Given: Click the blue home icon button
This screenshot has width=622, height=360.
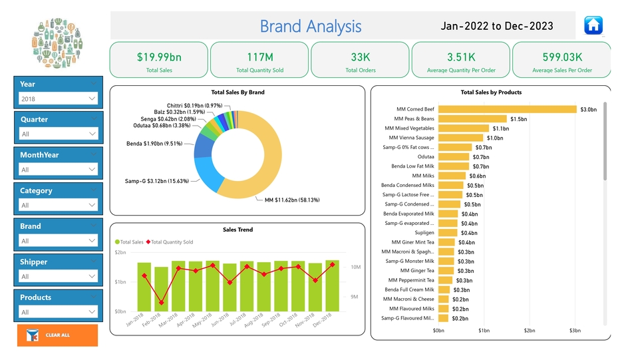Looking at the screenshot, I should pyautogui.click(x=593, y=25).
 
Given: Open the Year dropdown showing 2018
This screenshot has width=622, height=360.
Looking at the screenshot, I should pyautogui.click(x=59, y=98).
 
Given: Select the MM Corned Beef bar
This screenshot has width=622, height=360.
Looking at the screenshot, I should pyautogui.click(x=506, y=109).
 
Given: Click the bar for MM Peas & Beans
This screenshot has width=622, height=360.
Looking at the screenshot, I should pyautogui.click(x=472, y=118).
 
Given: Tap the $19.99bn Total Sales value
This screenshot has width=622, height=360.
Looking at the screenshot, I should pyautogui.click(x=158, y=57).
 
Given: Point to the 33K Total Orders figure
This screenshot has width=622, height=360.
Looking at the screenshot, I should pyautogui.click(x=360, y=57).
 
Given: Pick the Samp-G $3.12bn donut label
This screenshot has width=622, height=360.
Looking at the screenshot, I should pyautogui.click(x=157, y=181).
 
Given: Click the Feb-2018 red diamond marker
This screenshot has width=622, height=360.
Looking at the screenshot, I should pyautogui.click(x=161, y=303).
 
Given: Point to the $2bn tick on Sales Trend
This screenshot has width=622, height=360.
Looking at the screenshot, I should pyautogui.click(x=120, y=253).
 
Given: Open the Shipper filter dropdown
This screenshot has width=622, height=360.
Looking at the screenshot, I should pyautogui.click(x=59, y=276).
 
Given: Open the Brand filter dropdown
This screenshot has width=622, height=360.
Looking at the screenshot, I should pyautogui.click(x=59, y=241).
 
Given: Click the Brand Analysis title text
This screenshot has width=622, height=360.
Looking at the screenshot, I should pyautogui.click(x=310, y=27).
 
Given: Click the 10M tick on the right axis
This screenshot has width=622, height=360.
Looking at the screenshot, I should pyautogui.click(x=355, y=267).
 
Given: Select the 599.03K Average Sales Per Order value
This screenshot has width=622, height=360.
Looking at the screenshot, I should pyautogui.click(x=561, y=57).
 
